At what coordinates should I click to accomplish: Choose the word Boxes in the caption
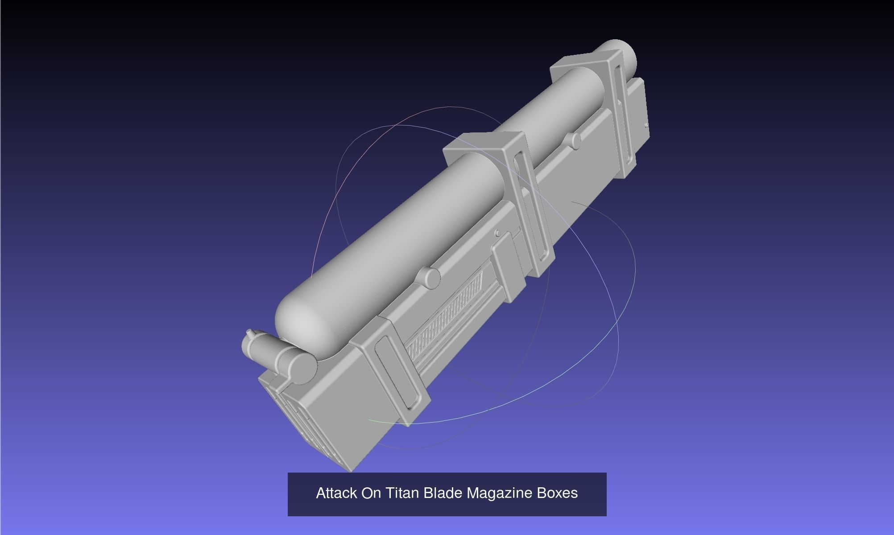pyautogui.click(x=557, y=493)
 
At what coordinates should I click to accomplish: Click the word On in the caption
pyautogui.click(x=371, y=493)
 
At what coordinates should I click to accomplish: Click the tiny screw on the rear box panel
pyautogui.click(x=646, y=126)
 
